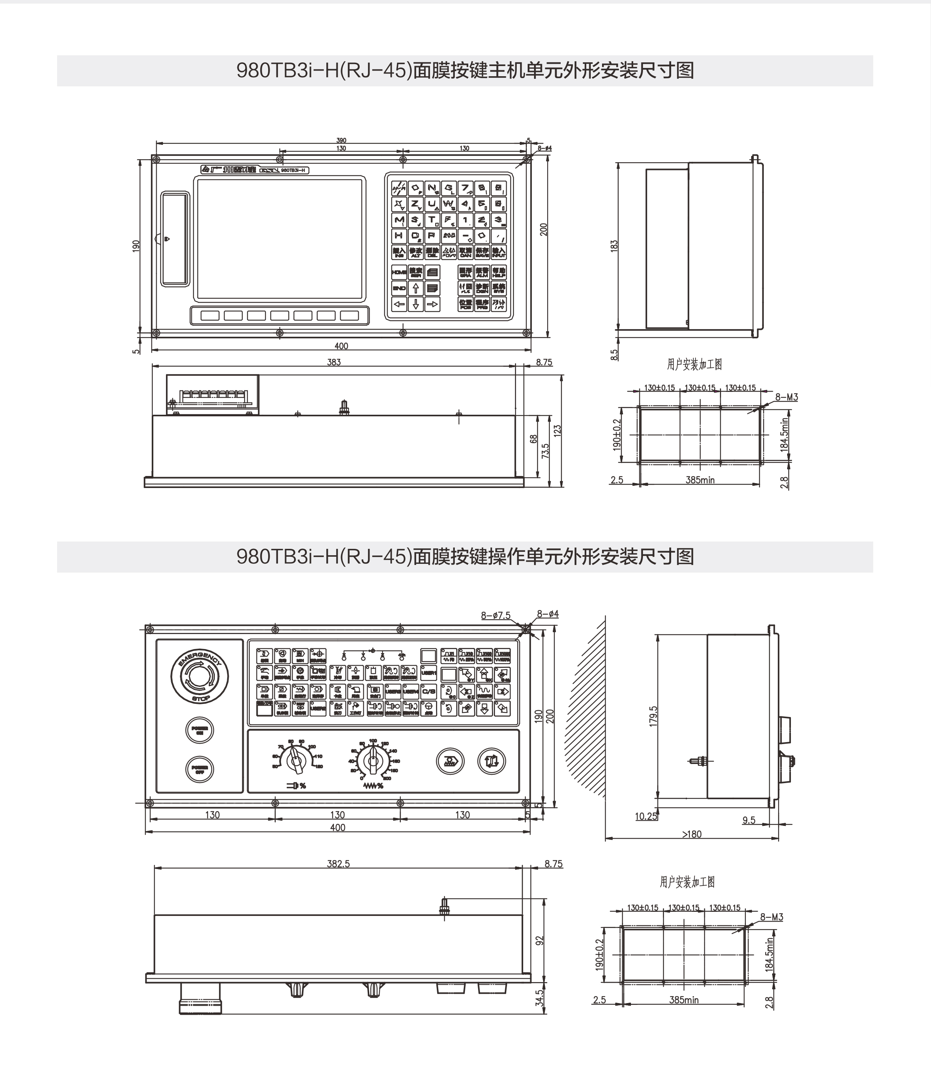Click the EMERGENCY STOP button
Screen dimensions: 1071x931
(199, 676)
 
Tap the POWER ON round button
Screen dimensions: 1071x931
(199, 730)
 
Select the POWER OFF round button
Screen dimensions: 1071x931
(199, 769)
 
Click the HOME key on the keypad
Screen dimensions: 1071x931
(399, 272)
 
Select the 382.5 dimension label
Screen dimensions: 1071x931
(338, 864)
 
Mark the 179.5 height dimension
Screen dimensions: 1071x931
(653, 716)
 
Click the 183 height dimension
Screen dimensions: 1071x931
(614, 246)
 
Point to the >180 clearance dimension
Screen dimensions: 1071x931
(691, 834)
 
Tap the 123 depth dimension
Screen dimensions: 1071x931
(557, 430)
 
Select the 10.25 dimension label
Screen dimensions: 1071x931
(646, 816)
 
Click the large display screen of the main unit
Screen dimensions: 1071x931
(279, 239)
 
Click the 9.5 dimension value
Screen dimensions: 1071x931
(748, 820)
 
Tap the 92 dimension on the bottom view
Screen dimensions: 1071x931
(539, 941)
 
